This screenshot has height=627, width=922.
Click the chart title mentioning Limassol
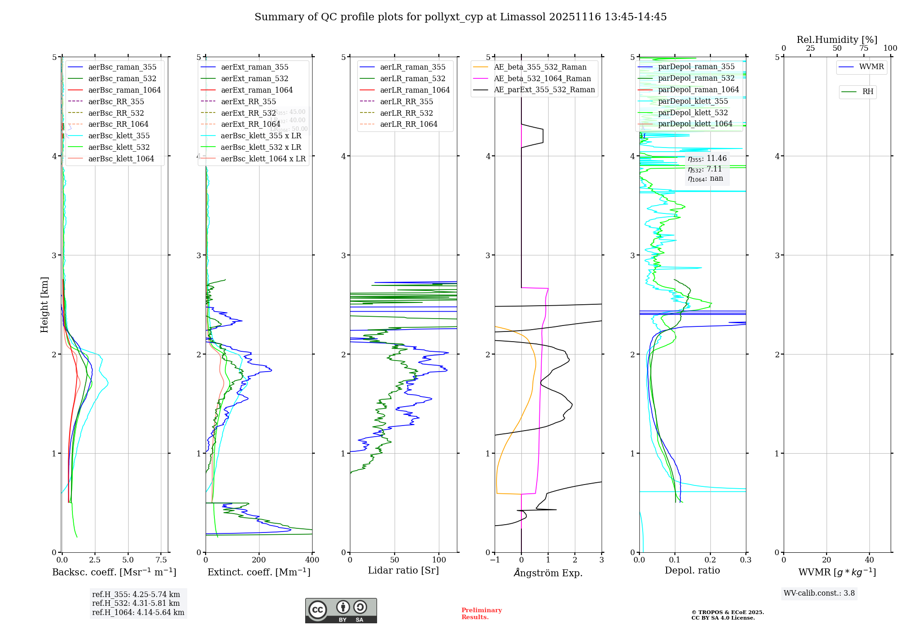(460, 17)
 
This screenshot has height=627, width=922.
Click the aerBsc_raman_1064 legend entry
(124, 90)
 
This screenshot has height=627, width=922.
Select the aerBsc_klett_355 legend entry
(119, 136)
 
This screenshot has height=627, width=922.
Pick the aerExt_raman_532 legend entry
(254, 78)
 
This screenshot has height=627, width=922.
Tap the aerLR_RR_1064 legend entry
(408, 124)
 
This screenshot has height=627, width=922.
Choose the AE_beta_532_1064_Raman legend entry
(542, 78)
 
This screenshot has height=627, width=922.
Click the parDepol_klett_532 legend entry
(693, 112)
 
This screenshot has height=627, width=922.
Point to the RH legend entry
(868, 92)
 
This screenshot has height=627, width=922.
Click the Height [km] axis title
(44, 305)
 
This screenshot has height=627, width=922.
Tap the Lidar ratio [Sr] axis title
(403, 570)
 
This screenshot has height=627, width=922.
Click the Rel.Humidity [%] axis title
(837, 40)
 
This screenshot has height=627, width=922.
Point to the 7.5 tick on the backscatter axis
(161, 560)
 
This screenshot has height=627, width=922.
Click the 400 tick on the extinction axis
(312, 560)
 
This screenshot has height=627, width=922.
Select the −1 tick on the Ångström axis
(495, 560)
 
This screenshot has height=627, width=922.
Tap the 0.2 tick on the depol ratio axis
(710, 560)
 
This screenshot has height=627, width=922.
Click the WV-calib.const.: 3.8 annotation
(819, 593)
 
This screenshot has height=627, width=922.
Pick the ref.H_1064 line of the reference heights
(138, 613)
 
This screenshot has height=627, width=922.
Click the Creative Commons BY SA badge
(341, 611)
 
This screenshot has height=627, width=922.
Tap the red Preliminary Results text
(481, 614)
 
